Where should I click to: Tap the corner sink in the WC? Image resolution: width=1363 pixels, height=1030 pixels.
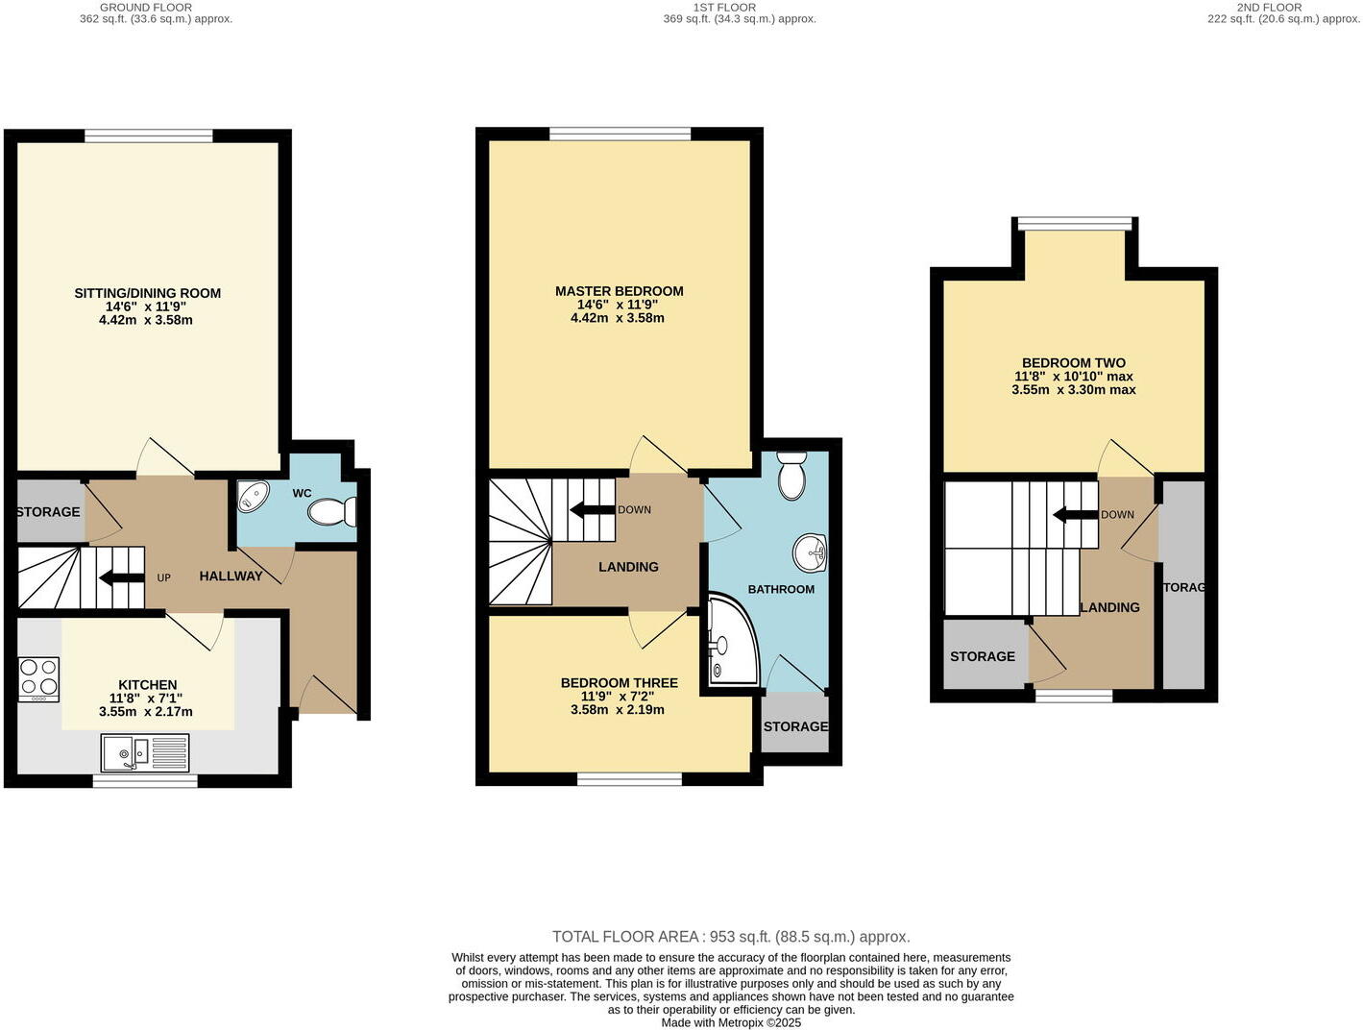coord(254,496)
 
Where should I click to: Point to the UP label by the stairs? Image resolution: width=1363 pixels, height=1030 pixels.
coord(163,577)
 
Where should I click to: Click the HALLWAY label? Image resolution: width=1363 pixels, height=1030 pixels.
coord(231,576)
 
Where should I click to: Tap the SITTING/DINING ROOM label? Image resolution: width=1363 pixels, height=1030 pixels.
coord(147,293)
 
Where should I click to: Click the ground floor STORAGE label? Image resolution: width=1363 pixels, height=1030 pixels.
coord(48,511)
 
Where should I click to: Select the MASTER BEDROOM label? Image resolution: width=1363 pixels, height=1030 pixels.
coord(619,291)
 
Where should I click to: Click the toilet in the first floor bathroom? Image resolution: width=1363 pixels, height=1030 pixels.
coord(791,476)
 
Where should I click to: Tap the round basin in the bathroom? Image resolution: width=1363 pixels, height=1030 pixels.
coord(810,552)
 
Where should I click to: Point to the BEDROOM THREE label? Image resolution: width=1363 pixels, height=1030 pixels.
coord(619,683)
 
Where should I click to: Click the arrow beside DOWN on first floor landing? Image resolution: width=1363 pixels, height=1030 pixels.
coord(591,509)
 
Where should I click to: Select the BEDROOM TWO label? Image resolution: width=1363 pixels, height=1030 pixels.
coord(1073,363)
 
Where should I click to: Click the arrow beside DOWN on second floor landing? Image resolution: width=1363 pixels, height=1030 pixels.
coord(1075,515)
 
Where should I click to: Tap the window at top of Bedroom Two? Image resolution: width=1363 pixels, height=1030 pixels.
coord(1075,224)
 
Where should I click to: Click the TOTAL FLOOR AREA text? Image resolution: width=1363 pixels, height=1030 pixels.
coord(730,937)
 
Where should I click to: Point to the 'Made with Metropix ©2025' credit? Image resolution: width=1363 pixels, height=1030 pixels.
coord(730,1023)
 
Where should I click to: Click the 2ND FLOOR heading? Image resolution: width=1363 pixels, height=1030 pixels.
coord(1269,7)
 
